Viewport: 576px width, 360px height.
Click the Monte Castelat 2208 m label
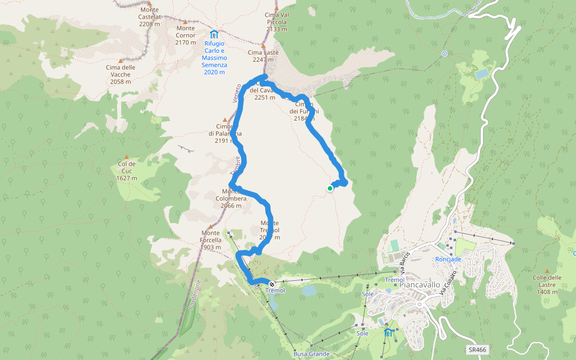149,17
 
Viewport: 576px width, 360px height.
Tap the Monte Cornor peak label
185,35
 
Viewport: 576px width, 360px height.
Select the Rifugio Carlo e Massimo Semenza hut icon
214,34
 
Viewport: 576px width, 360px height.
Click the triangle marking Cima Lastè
263,45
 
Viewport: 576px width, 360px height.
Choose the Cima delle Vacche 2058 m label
121,74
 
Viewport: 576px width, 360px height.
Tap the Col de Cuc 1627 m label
127,171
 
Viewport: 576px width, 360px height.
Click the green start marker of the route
330,188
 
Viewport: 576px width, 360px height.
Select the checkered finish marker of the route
272,284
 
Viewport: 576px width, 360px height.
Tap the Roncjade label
448,259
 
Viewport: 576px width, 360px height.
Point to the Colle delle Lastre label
547,284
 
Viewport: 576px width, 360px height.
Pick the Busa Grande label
311,354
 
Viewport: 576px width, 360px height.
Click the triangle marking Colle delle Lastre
547,271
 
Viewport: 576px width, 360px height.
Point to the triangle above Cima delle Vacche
121,61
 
